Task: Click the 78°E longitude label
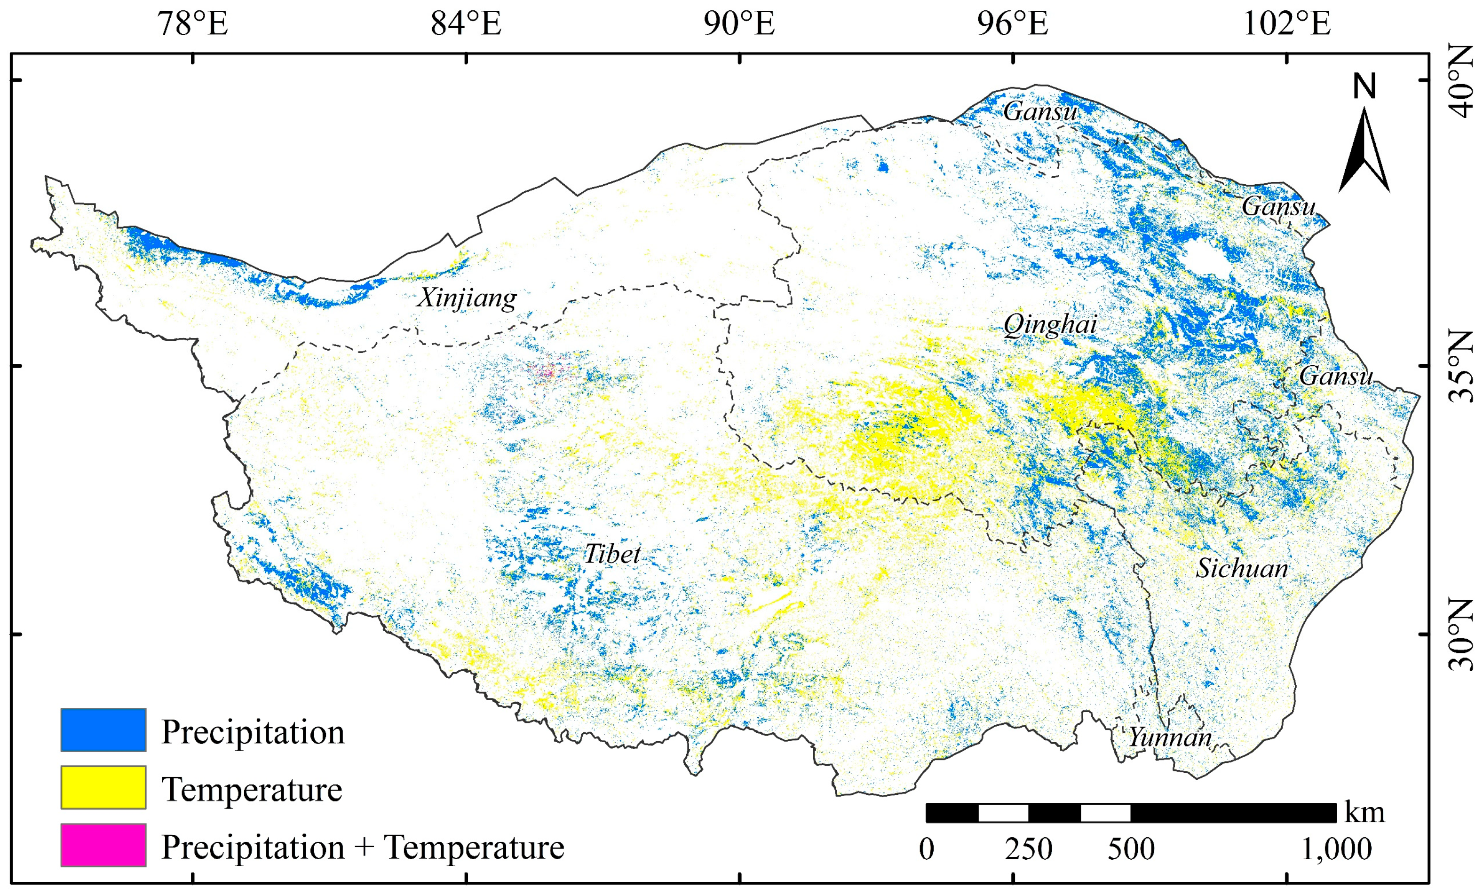click(192, 24)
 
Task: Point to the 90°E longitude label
click(739, 24)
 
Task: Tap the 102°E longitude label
click(1287, 24)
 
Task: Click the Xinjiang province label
click(467, 298)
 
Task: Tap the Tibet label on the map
click(612, 554)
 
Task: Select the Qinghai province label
click(1050, 325)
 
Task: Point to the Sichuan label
click(1242, 569)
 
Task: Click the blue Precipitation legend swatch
click(103, 730)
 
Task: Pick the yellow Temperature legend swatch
click(103, 787)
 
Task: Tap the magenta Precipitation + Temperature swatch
click(103, 845)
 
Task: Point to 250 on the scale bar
click(1029, 849)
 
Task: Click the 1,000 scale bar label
click(1336, 849)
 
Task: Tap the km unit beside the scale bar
click(1364, 812)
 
